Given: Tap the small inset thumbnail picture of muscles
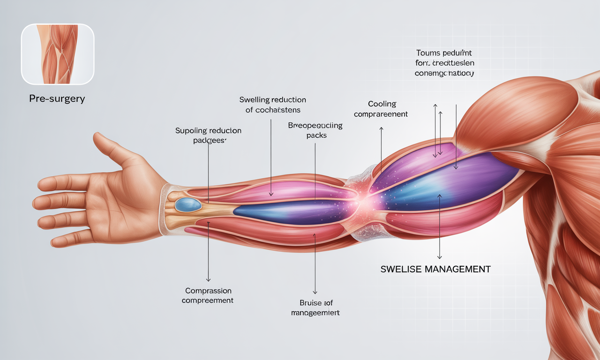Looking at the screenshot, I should [58, 54].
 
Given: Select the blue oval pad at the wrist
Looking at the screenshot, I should [187, 204].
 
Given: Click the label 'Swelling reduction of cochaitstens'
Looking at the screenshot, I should [272, 105].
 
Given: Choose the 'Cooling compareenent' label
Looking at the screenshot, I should [381, 109].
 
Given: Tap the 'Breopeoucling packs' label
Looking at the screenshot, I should [315, 130].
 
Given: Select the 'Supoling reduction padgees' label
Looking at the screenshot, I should [208, 135].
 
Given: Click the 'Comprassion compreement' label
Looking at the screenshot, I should [207, 295].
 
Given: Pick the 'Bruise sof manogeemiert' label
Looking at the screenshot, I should [315, 307].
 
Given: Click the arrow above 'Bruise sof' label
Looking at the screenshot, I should [315, 262].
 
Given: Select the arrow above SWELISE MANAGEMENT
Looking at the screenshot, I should [439, 225].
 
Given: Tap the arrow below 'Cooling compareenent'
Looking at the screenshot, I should [381, 150].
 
